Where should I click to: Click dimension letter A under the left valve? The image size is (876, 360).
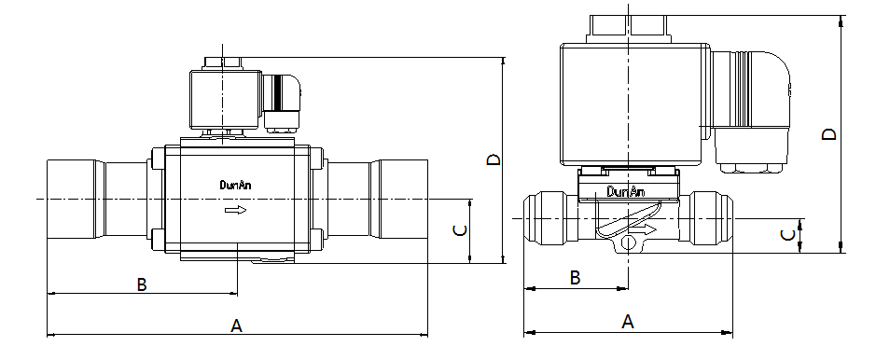(x=236, y=325)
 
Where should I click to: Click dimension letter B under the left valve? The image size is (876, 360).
(x=142, y=284)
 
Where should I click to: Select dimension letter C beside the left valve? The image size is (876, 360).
(x=460, y=230)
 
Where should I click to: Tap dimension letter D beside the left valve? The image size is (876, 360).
(x=494, y=160)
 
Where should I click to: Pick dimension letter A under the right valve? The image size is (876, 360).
(x=628, y=322)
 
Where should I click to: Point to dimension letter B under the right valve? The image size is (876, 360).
(x=575, y=277)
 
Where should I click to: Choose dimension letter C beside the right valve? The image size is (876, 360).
(x=787, y=235)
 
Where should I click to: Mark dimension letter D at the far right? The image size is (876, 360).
(x=830, y=134)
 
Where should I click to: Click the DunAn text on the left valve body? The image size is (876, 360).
(x=235, y=185)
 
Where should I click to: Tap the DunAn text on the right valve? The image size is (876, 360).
(x=626, y=192)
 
